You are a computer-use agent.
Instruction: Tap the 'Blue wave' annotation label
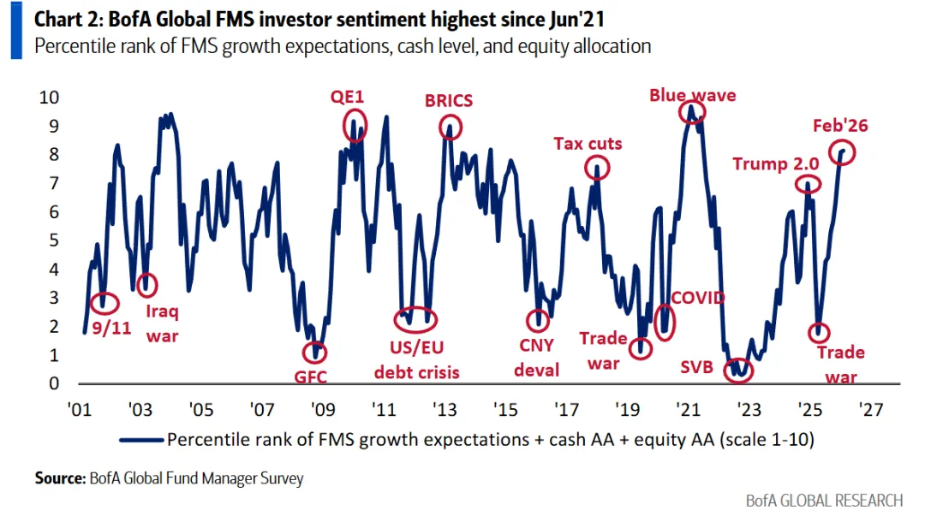pos(692,95)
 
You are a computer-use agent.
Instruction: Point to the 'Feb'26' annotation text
pos(840,126)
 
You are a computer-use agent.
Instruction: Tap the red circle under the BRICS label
pos(450,128)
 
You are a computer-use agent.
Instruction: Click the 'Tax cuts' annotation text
pos(588,143)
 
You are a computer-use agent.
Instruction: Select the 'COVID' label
pos(697,298)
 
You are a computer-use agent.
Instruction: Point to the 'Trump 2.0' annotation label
pos(776,163)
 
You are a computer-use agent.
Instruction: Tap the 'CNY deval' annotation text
pos(537,358)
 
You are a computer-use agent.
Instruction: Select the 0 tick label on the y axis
pos(53,383)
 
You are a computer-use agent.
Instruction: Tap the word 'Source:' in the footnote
pos(59,478)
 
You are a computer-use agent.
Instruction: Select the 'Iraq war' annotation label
pos(162,323)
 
